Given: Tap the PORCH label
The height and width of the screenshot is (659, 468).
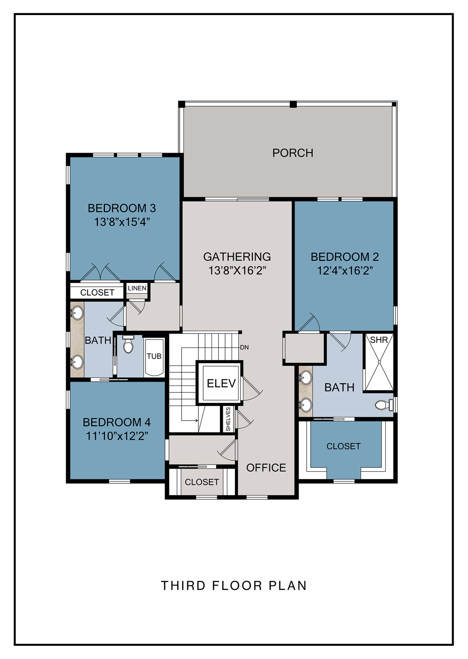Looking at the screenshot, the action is (x=293, y=153).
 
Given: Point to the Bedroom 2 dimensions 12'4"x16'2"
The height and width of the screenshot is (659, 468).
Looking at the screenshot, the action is (x=345, y=270).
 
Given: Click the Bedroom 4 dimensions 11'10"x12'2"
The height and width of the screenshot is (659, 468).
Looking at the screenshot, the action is (x=117, y=436).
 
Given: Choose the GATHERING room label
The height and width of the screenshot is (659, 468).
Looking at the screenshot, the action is (x=237, y=257).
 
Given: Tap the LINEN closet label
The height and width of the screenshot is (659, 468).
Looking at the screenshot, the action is (x=137, y=288).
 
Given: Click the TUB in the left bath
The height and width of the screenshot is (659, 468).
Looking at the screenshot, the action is (x=154, y=357).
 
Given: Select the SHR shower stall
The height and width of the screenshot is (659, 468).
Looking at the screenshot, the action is (x=379, y=362).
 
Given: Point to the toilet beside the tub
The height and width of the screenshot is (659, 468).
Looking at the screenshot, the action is (x=128, y=344).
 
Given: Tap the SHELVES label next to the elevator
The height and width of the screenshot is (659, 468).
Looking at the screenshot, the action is (x=228, y=419).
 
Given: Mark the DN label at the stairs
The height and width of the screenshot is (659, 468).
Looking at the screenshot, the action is (x=244, y=348).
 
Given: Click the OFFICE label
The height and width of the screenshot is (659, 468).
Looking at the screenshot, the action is (x=266, y=468).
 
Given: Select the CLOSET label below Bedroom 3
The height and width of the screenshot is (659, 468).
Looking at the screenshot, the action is (x=97, y=292).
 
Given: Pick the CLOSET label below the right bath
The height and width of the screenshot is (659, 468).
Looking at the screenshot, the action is (x=344, y=446).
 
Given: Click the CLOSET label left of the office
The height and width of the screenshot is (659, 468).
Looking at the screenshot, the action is (x=202, y=482).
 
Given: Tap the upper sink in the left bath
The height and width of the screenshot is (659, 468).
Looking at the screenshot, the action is (x=77, y=313).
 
